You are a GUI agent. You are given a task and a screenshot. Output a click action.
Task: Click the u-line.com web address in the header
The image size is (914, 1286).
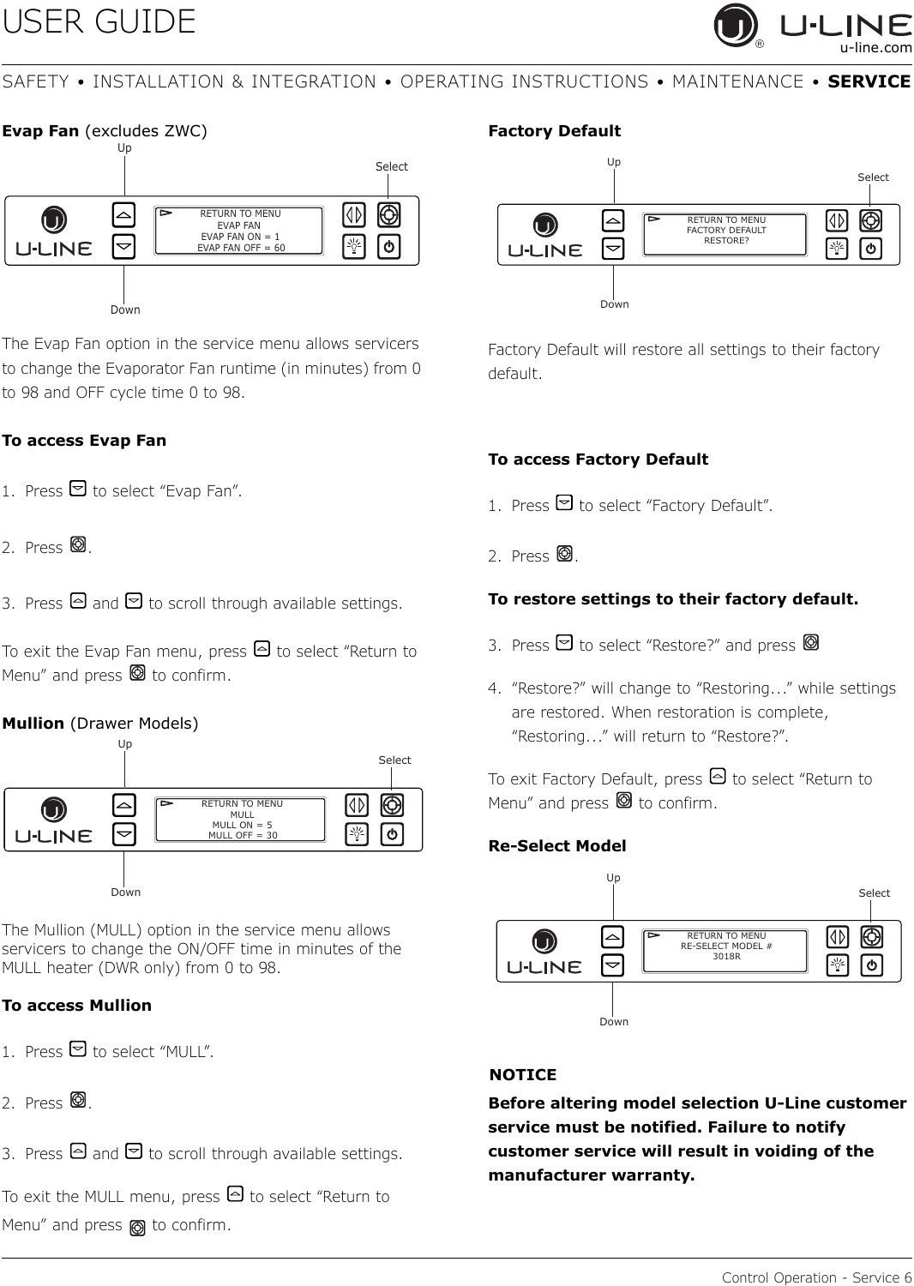coord(875,48)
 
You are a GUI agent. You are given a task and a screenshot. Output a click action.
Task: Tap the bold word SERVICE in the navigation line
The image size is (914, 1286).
coord(869,81)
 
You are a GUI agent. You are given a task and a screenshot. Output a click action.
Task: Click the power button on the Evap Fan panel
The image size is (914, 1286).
coord(388,247)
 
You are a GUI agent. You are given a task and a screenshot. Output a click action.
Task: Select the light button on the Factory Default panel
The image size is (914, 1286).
coord(837,249)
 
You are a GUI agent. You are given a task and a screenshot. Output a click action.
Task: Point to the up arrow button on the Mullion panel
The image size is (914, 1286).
coord(124,805)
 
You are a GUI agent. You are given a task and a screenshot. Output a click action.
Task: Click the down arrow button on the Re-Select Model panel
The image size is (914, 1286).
coord(612,965)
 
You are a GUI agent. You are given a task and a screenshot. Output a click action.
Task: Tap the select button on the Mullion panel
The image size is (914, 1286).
coord(392,805)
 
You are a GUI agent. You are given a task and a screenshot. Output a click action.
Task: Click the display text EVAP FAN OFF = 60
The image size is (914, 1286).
coord(241,248)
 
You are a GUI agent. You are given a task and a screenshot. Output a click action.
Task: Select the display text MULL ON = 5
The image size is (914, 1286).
coord(243,825)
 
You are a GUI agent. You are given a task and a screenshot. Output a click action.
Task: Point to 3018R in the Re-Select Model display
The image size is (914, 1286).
coord(726,957)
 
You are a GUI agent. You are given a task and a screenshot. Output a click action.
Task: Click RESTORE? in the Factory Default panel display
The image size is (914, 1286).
coord(726,241)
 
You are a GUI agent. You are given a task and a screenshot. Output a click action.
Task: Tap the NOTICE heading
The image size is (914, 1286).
coord(522,1075)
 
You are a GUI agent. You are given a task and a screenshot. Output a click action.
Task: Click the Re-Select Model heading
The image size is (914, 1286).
coord(557,845)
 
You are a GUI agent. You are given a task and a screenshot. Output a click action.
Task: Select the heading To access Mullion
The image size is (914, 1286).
coord(76,1006)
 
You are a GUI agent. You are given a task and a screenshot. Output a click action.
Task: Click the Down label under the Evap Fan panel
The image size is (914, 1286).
coord(125,309)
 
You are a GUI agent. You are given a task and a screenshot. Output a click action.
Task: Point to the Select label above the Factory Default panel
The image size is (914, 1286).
coord(873,177)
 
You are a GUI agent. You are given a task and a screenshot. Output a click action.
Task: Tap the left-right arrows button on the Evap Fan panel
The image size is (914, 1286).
coord(353,214)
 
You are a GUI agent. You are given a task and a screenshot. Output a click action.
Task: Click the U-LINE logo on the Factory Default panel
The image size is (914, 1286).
coord(544,236)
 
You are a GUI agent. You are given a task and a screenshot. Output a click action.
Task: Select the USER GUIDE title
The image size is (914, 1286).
coord(99,21)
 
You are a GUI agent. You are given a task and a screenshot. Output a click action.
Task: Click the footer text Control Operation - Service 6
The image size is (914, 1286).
coord(816,1277)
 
